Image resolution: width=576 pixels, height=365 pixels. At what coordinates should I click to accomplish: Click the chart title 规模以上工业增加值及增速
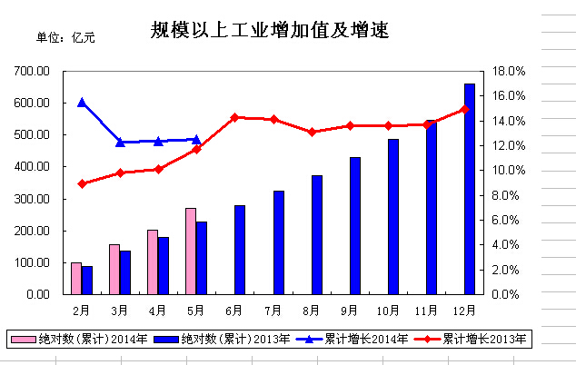tap(270, 32)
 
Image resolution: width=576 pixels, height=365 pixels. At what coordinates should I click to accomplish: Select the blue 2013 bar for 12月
tap(470, 189)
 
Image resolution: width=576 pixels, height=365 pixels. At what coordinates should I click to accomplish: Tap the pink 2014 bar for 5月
tap(191, 251)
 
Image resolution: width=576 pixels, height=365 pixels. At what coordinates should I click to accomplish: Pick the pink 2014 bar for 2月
tap(76, 278)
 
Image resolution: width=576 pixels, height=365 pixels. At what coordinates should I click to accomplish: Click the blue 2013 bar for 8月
tap(317, 234)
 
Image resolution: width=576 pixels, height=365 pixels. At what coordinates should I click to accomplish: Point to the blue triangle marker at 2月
tap(82, 103)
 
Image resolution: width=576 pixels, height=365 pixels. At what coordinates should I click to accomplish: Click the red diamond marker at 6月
tap(234, 117)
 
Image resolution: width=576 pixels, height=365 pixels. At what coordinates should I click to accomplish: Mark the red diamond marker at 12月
tap(464, 109)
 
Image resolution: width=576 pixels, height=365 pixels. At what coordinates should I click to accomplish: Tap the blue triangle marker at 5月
tap(196, 140)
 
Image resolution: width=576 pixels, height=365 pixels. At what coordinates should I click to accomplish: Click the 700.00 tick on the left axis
tap(31, 71)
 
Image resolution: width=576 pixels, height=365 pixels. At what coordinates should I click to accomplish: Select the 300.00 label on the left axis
tap(31, 199)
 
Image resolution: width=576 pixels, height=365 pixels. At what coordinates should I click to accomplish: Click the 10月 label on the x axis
tap(388, 311)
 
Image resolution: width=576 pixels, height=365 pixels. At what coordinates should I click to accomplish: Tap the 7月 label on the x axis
tap(273, 311)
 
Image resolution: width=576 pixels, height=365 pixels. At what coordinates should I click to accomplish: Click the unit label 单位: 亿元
tap(65, 37)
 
